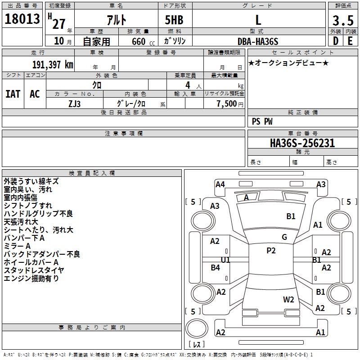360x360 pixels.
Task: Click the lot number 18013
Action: pos(22,19)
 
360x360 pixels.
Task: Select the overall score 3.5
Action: pos(342,20)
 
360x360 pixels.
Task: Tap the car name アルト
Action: pos(116,20)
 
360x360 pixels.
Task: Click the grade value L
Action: pos(258,20)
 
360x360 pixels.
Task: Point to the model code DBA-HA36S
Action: pos(258,41)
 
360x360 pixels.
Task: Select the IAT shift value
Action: pos(13,94)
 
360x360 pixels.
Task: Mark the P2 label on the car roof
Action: pos(271,251)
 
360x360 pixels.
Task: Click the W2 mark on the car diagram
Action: pos(288,299)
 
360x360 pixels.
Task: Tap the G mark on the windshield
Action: pos(284,237)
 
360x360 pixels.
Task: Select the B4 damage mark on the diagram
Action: pos(216,268)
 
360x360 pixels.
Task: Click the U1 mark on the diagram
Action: pos(225,260)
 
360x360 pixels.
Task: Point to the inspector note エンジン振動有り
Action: pos(31,279)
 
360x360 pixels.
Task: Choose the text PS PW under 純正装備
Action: pos(262,121)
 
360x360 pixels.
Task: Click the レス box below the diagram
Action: pos(196,345)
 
